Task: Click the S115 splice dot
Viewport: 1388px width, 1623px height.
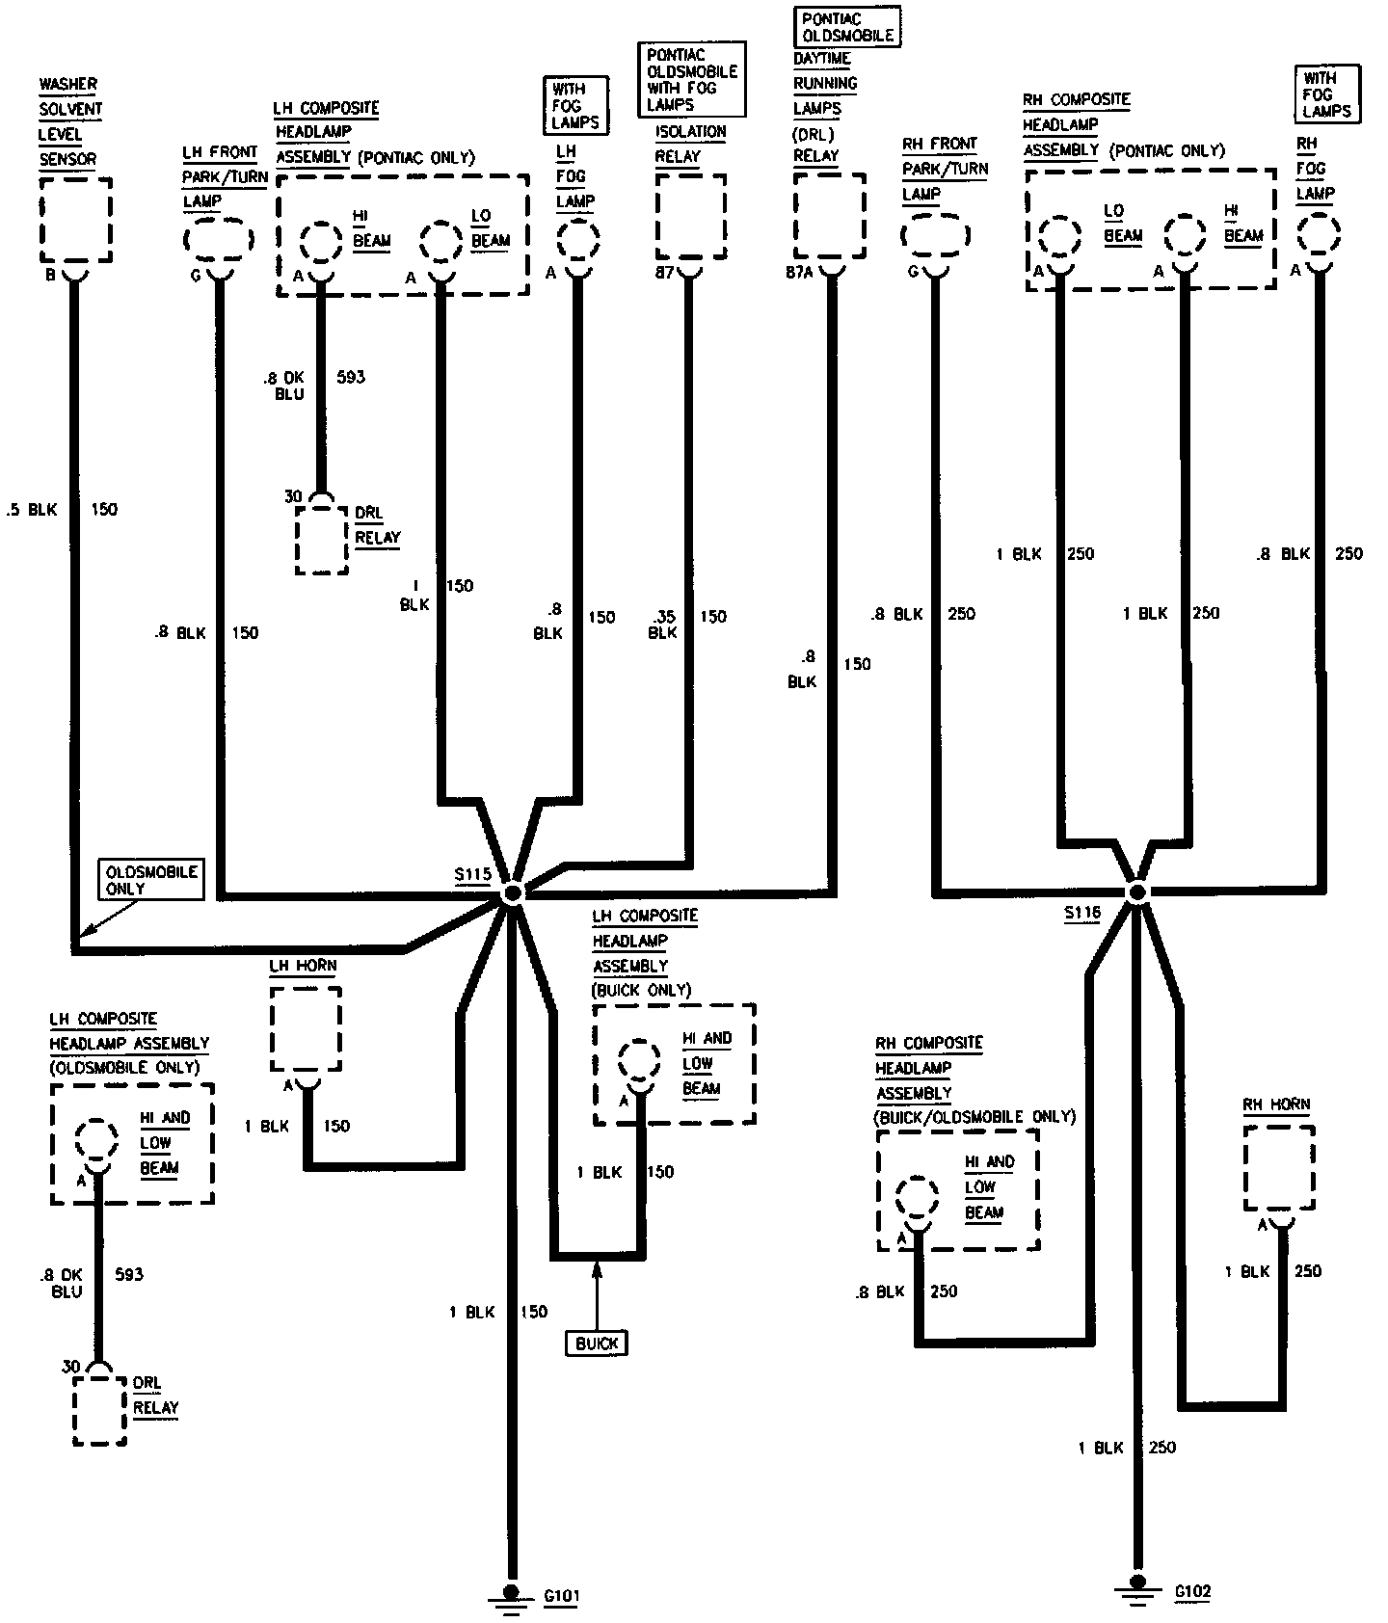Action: [x=513, y=893]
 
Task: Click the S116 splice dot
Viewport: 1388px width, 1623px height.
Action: [x=1137, y=892]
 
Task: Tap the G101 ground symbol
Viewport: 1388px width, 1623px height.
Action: [x=512, y=1597]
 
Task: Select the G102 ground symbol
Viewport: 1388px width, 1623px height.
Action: [x=1137, y=1583]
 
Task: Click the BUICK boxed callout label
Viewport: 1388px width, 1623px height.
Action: [x=597, y=1344]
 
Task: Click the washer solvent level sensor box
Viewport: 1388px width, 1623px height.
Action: [x=76, y=219]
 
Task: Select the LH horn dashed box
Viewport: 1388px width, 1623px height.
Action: [x=306, y=1027]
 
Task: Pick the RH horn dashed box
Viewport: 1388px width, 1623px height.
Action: [x=1279, y=1167]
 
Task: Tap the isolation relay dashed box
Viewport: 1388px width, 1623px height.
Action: [x=691, y=216]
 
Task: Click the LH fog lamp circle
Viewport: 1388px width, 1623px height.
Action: [x=578, y=240]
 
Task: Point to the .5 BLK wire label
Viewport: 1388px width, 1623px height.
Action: [x=32, y=509]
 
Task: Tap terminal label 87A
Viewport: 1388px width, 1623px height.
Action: [x=799, y=273]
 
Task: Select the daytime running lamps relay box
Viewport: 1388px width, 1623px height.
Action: [x=829, y=217]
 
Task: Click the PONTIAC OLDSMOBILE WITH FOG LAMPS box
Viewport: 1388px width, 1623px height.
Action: [x=693, y=80]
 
